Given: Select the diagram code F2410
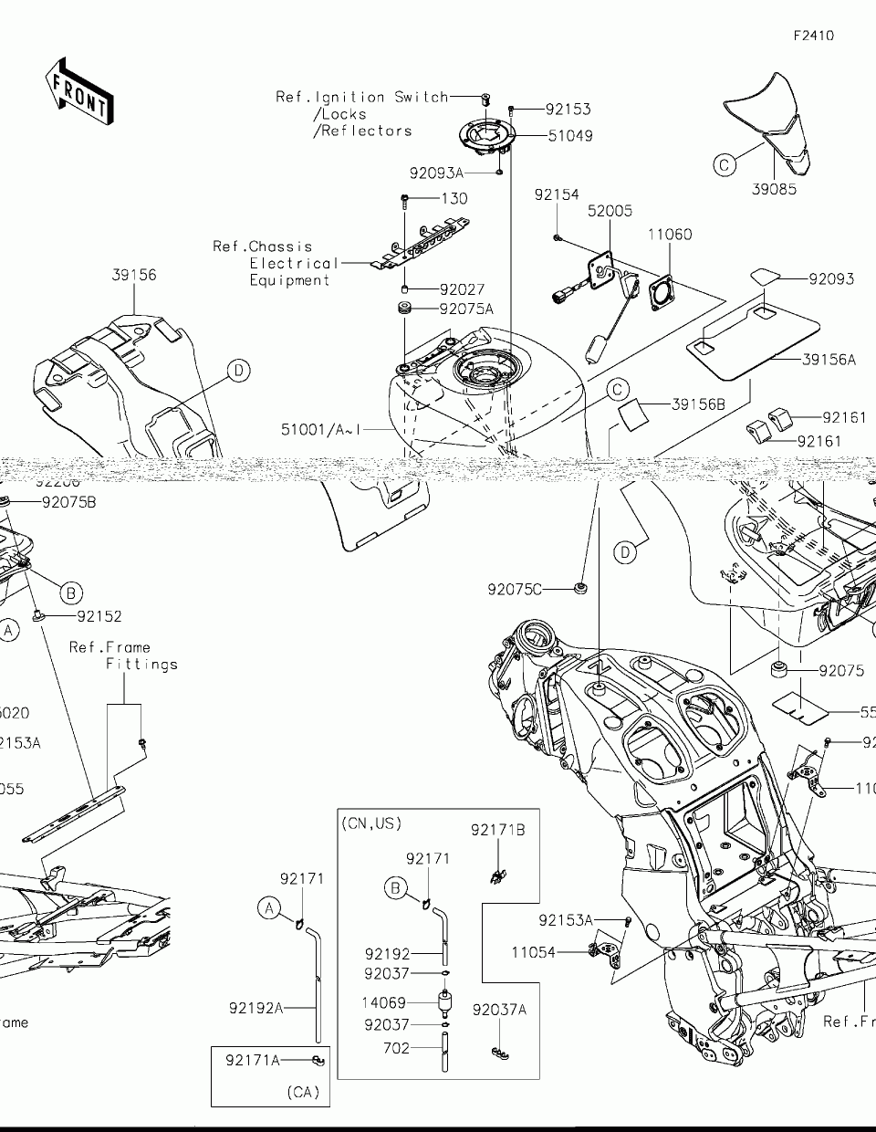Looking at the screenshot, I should (x=813, y=37).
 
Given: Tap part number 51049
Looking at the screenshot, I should (x=570, y=136).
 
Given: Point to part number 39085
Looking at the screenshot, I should (x=775, y=189).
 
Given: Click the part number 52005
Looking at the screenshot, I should (x=610, y=211).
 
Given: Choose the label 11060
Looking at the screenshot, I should (x=670, y=235).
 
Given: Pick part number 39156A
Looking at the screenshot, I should (x=829, y=360).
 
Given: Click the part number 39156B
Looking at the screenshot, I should (x=698, y=404).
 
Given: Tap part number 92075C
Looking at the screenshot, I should (x=515, y=590).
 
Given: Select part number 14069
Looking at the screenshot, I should (x=384, y=1003).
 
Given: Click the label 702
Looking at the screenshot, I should (x=396, y=1049).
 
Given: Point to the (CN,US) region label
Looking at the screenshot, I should (x=371, y=823).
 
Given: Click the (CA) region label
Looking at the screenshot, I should (x=303, y=1092).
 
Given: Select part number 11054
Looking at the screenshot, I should (x=533, y=952).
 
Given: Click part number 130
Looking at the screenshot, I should (x=454, y=198).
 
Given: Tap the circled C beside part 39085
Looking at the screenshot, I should (x=725, y=164).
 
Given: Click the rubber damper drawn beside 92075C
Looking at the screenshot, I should (x=579, y=587).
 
